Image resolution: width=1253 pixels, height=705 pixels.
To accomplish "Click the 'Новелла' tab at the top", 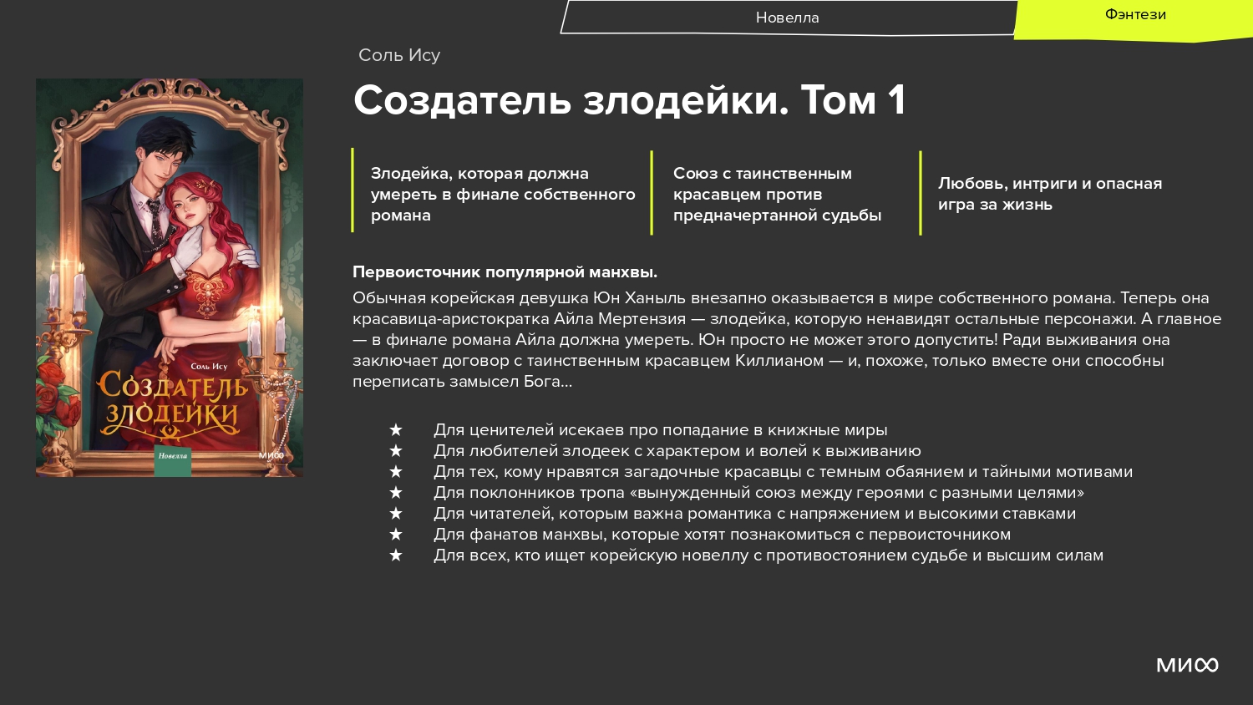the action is (787, 18).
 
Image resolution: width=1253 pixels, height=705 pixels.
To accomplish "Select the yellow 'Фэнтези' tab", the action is (1134, 15).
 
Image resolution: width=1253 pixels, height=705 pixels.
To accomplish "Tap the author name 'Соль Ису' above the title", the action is (399, 55).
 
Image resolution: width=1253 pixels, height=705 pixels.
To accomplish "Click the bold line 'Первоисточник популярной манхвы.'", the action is (505, 272).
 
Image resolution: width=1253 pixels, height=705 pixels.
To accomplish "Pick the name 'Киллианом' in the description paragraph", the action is (779, 361).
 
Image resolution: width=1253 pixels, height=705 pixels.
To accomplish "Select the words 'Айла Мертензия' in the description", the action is (620, 319).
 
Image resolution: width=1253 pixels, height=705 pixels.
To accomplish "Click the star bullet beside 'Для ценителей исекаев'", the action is (395, 429).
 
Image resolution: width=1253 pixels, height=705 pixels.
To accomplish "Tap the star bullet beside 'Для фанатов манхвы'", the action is (395, 535).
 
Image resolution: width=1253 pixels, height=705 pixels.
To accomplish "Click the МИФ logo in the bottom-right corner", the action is (1187, 665).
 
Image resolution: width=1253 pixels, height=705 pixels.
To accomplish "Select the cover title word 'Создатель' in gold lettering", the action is (172, 384).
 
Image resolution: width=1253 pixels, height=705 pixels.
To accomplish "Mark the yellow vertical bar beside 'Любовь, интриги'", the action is (921, 192).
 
